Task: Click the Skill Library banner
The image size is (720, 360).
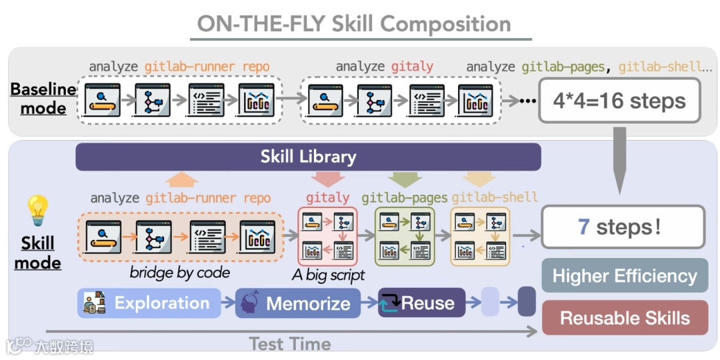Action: (x=308, y=157)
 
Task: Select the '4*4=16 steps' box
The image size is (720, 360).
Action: (x=619, y=101)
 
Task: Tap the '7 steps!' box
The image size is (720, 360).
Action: (x=623, y=227)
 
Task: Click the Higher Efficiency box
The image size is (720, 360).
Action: (x=625, y=276)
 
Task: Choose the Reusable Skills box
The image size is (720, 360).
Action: (x=625, y=318)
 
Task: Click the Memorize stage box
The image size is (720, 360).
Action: (x=298, y=304)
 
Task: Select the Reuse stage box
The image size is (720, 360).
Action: (x=417, y=303)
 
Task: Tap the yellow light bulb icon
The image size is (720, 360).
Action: (x=37, y=211)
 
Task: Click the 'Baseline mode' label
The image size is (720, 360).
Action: (x=43, y=98)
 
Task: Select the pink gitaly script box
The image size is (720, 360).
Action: (x=327, y=236)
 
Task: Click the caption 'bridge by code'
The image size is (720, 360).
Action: (x=180, y=272)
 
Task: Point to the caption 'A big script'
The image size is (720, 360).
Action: (x=329, y=275)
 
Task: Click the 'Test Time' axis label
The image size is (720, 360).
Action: (x=289, y=344)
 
